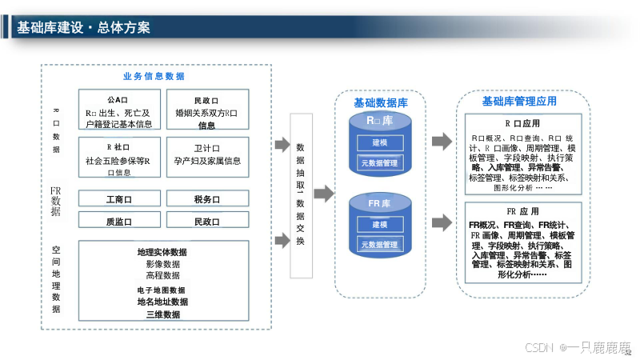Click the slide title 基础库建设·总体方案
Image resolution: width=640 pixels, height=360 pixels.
[x=83, y=27]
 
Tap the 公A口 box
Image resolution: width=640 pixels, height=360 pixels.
[x=119, y=111]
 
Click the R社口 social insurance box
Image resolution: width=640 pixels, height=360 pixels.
[x=119, y=159]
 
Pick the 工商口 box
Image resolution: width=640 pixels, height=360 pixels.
[x=119, y=198]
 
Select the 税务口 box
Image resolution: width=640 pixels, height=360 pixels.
[x=206, y=198]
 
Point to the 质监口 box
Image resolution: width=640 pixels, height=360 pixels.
[x=119, y=222]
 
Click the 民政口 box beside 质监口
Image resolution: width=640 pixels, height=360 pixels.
[x=206, y=222]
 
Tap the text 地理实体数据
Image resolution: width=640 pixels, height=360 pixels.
[x=162, y=253]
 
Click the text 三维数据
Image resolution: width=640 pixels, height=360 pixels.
[x=162, y=314]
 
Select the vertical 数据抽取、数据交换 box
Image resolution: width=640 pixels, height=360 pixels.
[x=300, y=195]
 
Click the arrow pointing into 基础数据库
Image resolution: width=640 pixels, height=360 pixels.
[x=322, y=194]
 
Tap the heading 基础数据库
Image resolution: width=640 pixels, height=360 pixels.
[x=381, y=103]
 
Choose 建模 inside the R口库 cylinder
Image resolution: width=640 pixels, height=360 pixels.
[x=379, y=143]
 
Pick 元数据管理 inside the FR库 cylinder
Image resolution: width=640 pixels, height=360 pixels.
[x=379, y=244]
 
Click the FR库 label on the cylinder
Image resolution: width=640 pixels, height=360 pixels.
[x=379, y=204]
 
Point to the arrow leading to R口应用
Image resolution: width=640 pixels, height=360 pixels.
[x=442, y=142]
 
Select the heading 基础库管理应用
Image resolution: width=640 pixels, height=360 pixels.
[x=519, y=102]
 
